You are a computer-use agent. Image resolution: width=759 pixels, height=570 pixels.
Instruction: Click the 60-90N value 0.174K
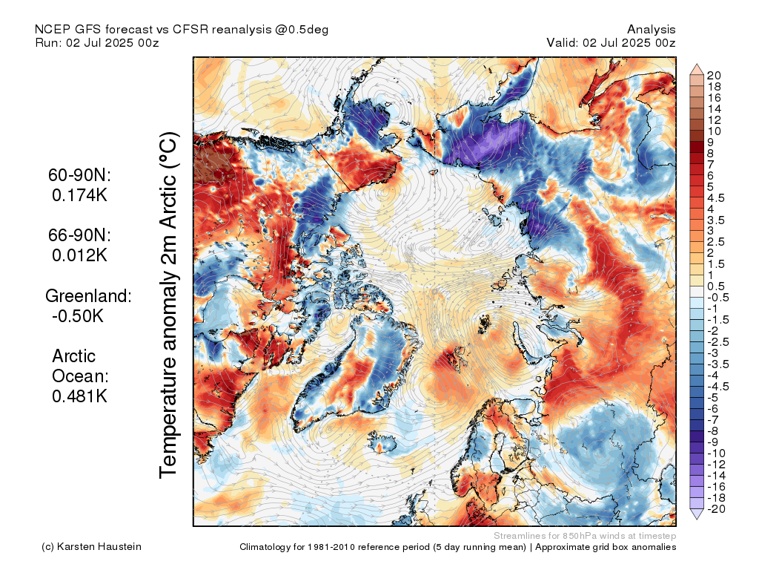point(79,195)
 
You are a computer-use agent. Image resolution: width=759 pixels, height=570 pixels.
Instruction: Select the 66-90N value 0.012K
point(79,255)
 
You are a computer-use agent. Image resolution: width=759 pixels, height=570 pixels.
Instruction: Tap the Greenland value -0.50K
point(77,316)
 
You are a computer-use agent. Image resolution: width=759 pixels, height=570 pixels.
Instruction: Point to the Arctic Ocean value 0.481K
point(79,396)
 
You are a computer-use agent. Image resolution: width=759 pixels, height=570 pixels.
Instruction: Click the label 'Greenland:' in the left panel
point(88,295)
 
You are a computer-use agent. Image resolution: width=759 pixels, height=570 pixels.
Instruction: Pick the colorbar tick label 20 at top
point(714,76)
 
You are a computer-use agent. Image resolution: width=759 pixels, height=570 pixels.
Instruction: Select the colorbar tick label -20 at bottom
point(716,509)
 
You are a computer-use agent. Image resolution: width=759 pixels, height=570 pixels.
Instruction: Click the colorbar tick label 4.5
point(716,198)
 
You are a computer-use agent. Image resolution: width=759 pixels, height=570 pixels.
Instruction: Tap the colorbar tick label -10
point(716,453)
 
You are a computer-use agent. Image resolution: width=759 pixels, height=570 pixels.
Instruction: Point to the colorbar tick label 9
point(710,142)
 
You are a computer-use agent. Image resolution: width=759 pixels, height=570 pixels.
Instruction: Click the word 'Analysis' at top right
point(651,30)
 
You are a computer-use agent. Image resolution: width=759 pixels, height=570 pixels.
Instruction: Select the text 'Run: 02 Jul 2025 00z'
point(97,42)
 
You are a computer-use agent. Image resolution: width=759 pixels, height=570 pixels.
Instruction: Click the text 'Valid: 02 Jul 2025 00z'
point(611,42)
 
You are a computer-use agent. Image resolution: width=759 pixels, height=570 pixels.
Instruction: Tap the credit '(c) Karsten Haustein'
point(91,547)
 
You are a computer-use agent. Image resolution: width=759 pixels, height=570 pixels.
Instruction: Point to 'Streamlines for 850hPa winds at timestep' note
point(585,536)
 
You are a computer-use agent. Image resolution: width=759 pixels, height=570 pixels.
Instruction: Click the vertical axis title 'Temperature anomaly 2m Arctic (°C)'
point(168,305)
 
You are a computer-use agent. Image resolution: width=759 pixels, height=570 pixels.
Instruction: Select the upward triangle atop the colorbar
point(697,69)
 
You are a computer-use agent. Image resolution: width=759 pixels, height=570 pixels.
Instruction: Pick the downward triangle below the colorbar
point(697,514)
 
